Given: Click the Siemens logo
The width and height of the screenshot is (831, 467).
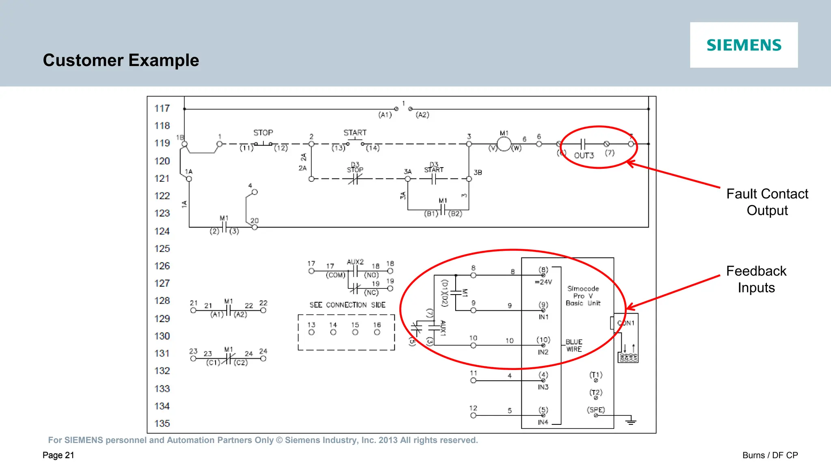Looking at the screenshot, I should tap(744, 45).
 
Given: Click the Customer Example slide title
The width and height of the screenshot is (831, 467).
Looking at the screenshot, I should tap(121, 60).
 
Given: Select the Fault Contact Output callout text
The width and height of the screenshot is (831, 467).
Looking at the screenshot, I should tap(767, 202).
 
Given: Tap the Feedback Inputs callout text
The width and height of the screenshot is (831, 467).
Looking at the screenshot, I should tap(756, 279).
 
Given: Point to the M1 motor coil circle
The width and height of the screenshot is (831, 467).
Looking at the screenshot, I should tap(504, 144).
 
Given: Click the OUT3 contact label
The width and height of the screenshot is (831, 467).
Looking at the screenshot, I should tap(583, 155).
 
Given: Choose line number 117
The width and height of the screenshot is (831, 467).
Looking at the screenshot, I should tap(162, 108).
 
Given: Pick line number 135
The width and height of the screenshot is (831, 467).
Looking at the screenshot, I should tap(162, 424).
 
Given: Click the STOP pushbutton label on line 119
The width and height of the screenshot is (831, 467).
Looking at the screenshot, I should tap(263, 133).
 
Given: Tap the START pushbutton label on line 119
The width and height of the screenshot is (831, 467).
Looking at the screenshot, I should tap(355, 133).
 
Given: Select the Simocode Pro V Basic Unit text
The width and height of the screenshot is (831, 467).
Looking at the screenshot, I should tap(583, 296).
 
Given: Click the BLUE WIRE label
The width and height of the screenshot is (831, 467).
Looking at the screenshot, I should tap(574, 346).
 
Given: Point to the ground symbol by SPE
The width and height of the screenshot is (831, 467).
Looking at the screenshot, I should tap(631, 422).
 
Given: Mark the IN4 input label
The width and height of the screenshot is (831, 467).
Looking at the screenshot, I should tap(543, 422).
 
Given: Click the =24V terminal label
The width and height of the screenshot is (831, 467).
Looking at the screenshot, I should tap(543, 282).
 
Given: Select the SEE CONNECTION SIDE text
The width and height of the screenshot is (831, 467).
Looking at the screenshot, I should tap(347, 305).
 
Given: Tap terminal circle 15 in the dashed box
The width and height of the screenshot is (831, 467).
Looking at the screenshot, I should tap(355, 332).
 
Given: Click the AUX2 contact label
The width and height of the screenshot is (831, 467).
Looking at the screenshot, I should tap(355, 262).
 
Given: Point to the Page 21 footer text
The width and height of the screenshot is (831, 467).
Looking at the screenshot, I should tap(58, 455).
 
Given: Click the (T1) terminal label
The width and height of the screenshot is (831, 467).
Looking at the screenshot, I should tap(596, 375).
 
